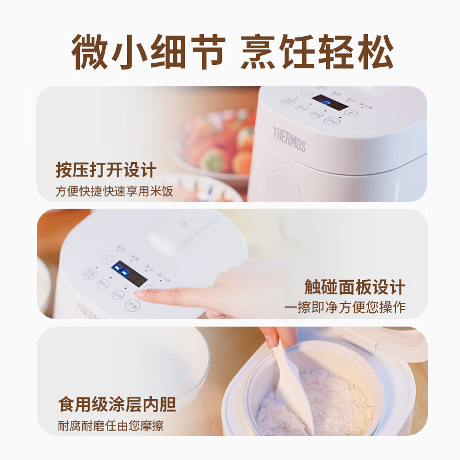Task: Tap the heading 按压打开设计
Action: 106,170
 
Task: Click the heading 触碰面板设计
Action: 355,287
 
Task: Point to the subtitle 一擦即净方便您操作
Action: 344,308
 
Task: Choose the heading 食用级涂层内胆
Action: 117,404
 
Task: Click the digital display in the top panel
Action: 329,103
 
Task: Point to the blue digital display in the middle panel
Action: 128,274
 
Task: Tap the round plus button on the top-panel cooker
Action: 350,113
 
